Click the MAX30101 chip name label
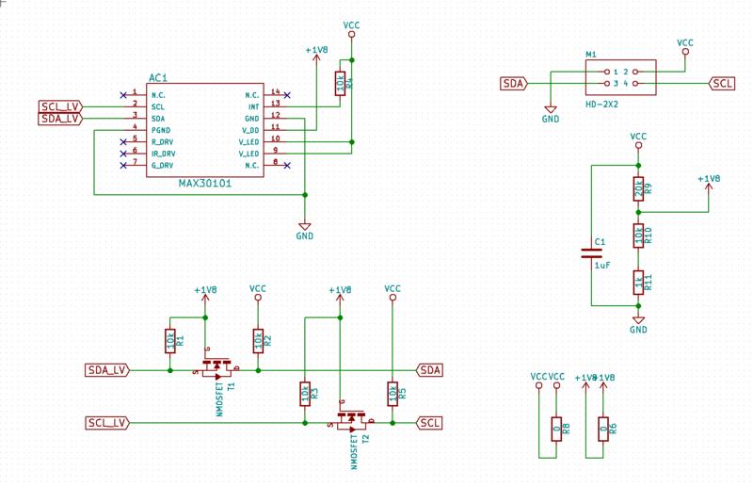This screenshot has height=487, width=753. (204, 184)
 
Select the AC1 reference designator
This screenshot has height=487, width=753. (158, 78)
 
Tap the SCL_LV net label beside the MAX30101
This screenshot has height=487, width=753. (59, 106)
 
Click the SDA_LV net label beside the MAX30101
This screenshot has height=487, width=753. (59, 119)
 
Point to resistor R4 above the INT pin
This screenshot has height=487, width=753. (340, 83)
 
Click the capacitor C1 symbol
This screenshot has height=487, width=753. (591, 252)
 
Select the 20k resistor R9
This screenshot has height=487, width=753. (638, 188)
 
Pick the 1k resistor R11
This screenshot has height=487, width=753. (638, 281)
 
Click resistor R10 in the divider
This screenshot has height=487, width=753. (638, 235)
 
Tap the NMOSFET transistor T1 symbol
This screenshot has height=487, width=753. (217, 366)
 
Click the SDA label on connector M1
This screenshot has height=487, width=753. (513, 84)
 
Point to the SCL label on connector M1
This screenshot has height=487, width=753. (722, 84)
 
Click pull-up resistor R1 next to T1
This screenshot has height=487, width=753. (169, 341)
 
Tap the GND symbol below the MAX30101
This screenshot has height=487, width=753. (304, 229)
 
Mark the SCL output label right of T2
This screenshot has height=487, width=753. (430, 423)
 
